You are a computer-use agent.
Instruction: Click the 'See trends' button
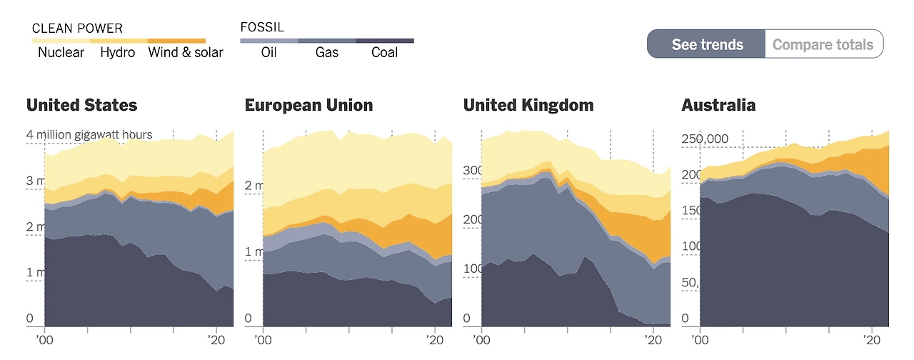pos(706,44)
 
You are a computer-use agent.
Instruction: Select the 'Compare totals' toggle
pos(823,44)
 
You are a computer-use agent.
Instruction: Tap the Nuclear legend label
pos(61,52)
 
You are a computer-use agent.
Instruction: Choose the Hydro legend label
pos(118,52)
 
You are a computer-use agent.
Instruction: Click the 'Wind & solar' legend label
pos(186,52)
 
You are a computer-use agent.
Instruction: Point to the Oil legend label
pos(268,52)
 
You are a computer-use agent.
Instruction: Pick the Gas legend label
pos(327,52)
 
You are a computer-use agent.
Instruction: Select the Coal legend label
pos(385,52)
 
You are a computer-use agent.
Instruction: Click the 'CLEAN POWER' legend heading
pos(77,29)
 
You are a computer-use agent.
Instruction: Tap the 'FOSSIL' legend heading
pos(263,28)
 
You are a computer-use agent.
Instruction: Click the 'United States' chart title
pos(81,105)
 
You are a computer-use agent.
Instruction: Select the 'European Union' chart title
pos(308,105)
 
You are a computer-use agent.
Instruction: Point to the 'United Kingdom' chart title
pos(528,105)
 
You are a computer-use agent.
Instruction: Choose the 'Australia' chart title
pos(718,105)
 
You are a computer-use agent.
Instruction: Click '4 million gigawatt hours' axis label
pos(89,134)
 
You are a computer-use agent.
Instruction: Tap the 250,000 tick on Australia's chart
pos(704,139)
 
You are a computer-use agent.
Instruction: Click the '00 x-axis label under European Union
pos(263,339)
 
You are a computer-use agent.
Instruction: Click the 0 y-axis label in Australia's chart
pos(685,319)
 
